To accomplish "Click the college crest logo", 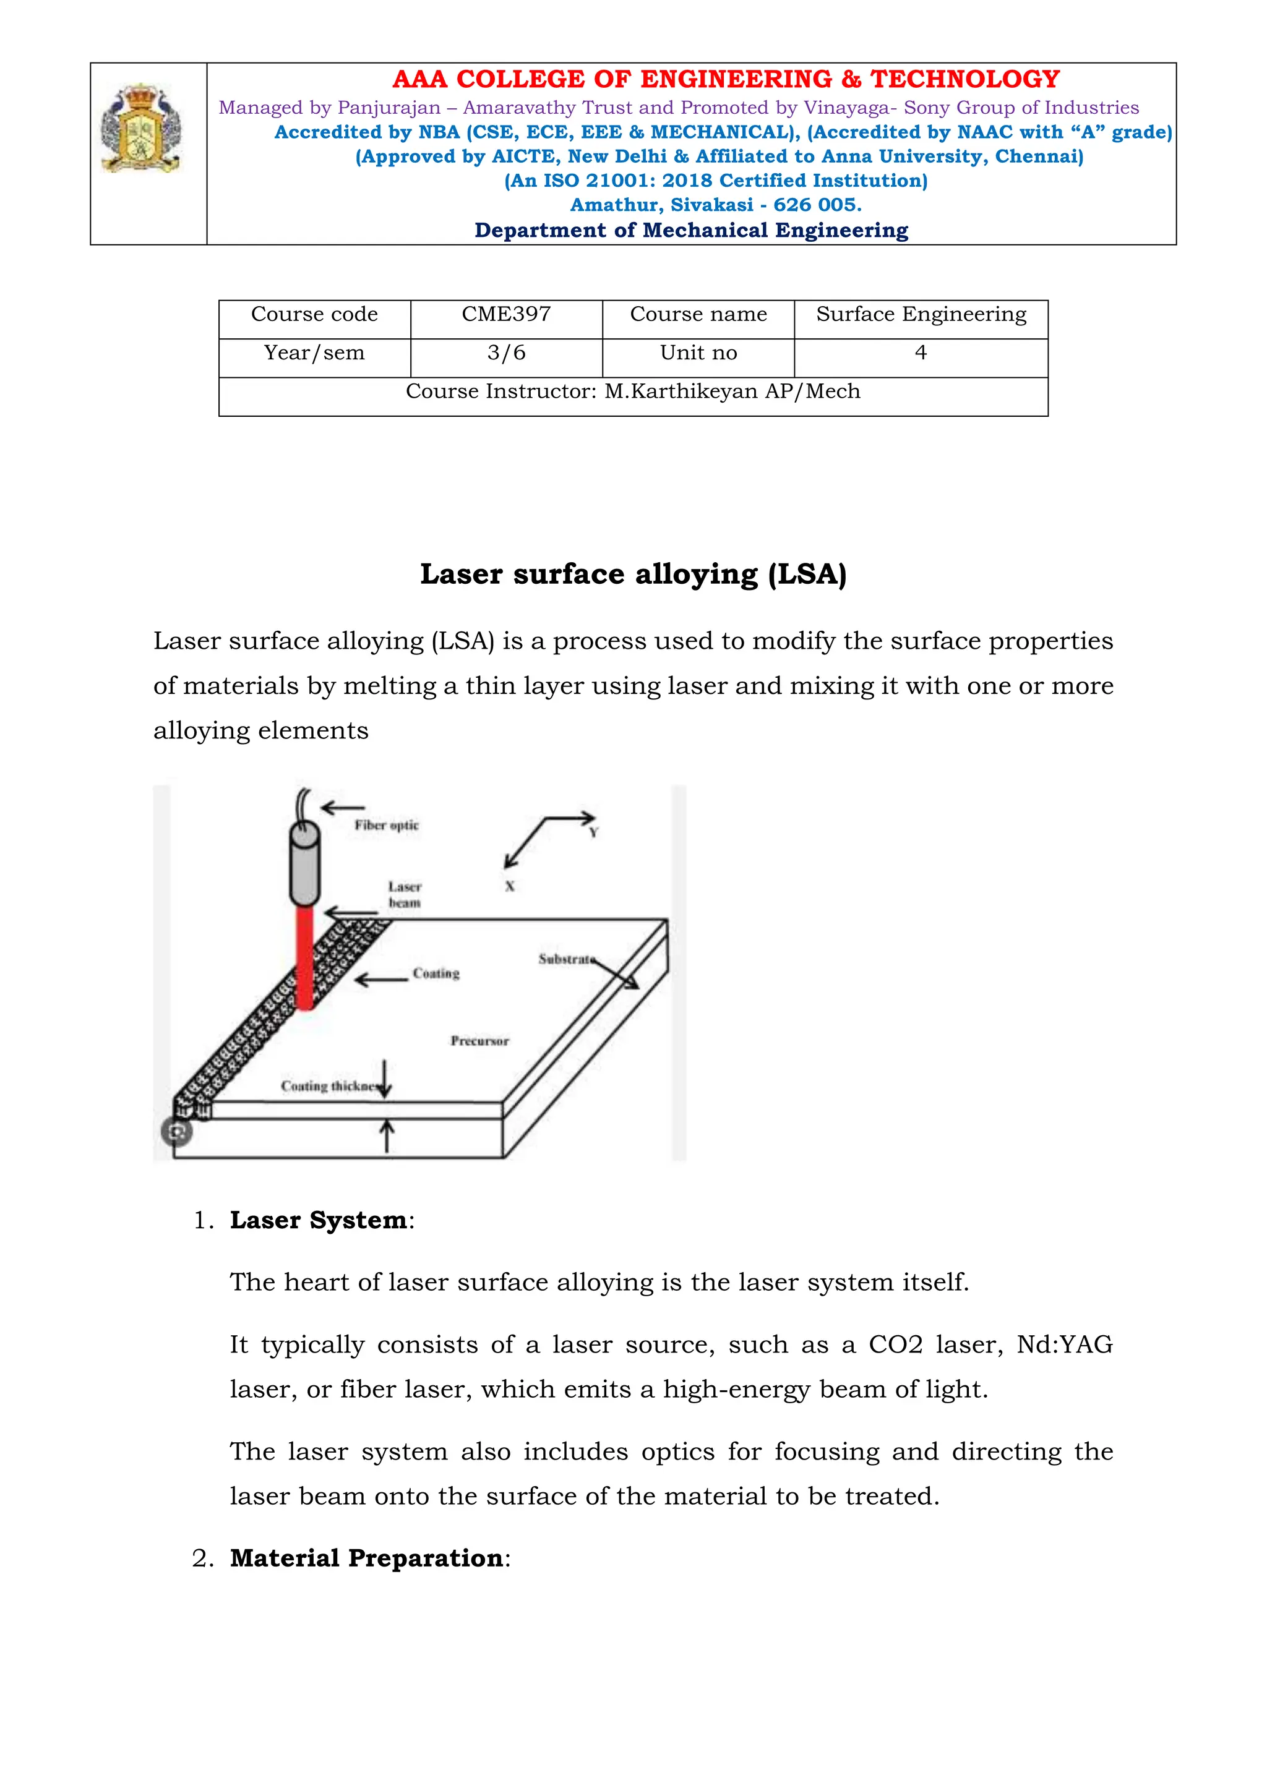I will click(141, 129).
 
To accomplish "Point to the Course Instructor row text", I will click(633, 391).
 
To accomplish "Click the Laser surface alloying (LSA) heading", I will click(633, 574).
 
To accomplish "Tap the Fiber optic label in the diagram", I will click(386, 825).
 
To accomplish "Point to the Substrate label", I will click(565, 959).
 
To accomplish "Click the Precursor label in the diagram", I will click(479, 1041).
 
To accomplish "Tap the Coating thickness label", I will click(329, 1087).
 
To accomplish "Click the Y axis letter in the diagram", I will click(594, 833).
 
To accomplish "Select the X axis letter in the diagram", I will click(509, 886).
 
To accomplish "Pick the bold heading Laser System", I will click(319, 1221).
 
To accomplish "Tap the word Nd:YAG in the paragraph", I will click(1064, 1346).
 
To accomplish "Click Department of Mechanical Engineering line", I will click(691, 231).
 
